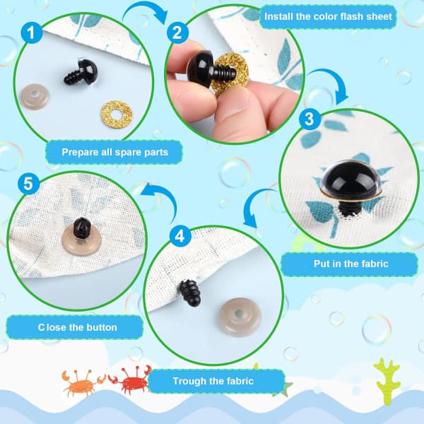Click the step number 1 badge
pos(32,33)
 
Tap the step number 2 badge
pos(177,33)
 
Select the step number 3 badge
pos(310,119)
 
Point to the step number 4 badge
pos(180,236)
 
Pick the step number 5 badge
pos(28,184)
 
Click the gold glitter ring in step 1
pos(117,114)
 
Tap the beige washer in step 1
pos(35,97)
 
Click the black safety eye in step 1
pos(81,71)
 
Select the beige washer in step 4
pos(240,317)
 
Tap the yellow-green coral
pos(387,381)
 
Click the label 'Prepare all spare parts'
pos(115,152)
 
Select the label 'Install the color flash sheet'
pos(328,16)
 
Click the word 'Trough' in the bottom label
pos(190,381)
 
